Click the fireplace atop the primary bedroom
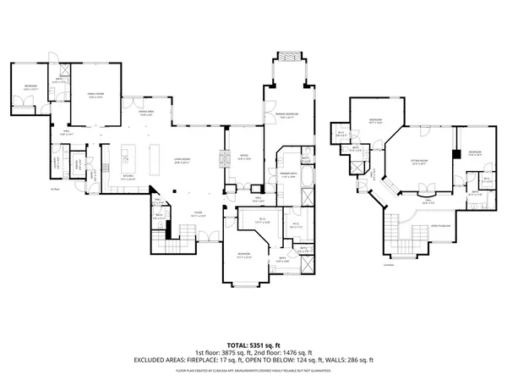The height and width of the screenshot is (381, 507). pyautogui.click(x=288, y=58)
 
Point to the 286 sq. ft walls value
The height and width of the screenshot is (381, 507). pyautogui.click(x=359, y=360)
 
